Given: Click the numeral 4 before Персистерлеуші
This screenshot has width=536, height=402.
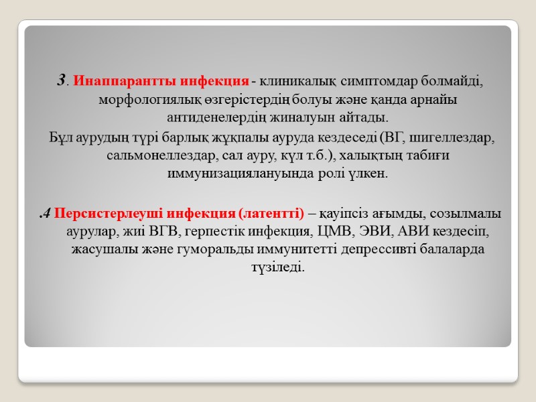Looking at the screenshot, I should (x=44, y=214).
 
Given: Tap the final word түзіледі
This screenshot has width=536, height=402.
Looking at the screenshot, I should (x=267, y=267).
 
